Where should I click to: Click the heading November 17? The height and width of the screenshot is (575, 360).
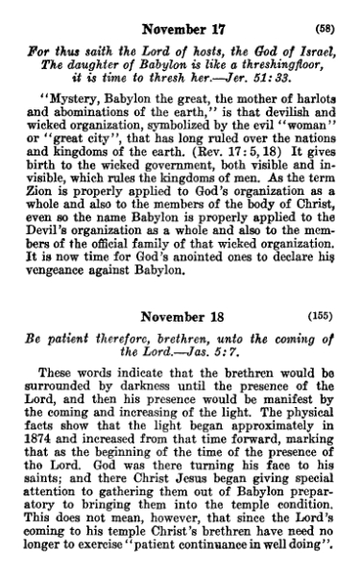click(179, 14)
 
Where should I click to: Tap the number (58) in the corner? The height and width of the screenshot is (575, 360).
click(326, 14)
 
